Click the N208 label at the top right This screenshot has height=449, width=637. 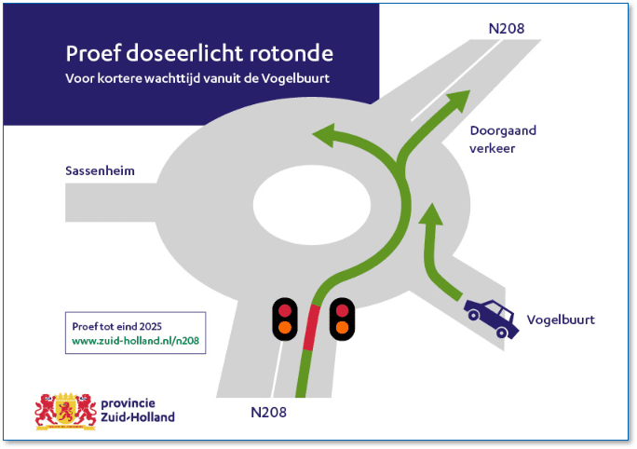tap(507, 28)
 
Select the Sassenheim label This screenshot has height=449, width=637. tap(100, 171)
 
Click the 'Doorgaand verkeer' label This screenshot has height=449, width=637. tap(503, 140)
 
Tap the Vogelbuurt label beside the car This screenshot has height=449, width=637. tap(561, 320)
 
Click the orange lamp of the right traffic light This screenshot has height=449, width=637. tap(342, 327)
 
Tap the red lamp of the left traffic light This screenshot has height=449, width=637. tap(284, 309)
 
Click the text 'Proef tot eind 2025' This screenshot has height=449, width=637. tap(116, 326)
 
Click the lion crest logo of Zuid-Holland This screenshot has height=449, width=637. tap(65, 410)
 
